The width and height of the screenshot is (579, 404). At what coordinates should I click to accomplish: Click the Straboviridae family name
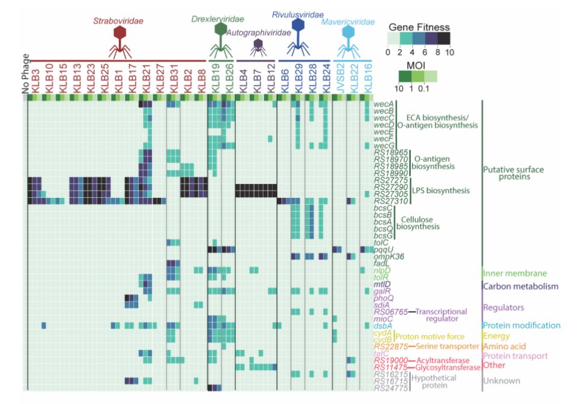[x=118, y=21]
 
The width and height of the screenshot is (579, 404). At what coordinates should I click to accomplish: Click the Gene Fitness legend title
[x=419, y=27]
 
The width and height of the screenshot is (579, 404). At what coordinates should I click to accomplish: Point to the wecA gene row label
[x=384, y=103]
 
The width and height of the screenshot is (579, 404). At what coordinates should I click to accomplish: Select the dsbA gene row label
[x=384, y=326]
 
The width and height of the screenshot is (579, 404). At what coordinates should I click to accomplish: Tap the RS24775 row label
[x=391, y=388]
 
